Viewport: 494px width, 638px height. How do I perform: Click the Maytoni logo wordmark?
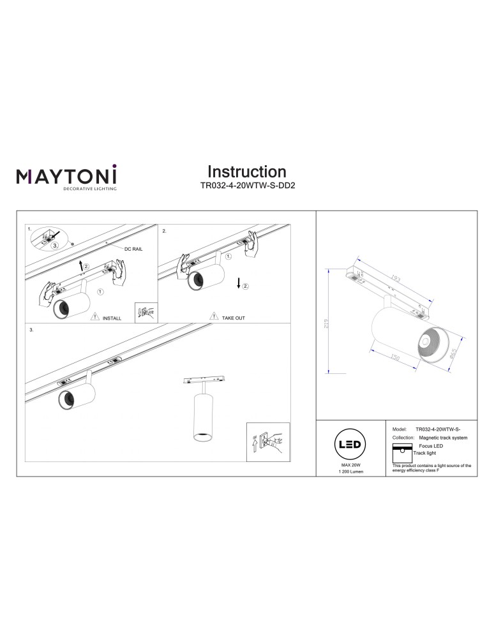click(x=66, y=175)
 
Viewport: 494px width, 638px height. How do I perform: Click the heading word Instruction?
click(x=246, y=172)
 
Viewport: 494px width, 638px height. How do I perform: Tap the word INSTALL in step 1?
click(x=112, y=317)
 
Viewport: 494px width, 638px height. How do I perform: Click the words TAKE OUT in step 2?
click(x=233, y=317)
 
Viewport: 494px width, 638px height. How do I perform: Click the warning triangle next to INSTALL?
click(x=94, y=316)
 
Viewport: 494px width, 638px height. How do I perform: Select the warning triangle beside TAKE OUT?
click(x=213, y=316)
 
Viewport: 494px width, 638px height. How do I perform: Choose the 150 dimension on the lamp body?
click(x=395, y=359)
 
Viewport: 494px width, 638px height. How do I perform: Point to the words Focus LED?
click(x=431, y=446)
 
